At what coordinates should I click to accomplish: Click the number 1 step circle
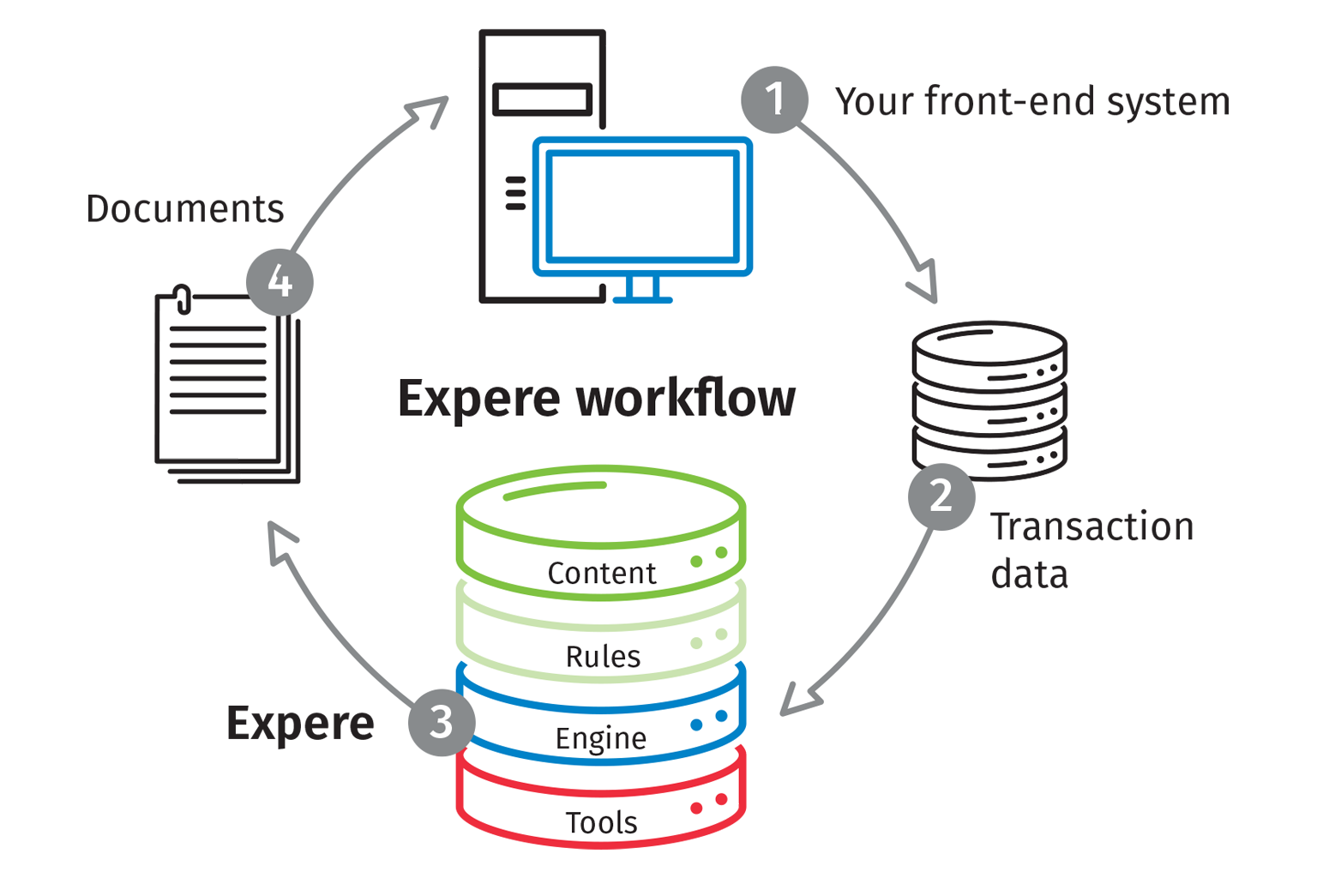774,99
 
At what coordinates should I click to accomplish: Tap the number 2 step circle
941,496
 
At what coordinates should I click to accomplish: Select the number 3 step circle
441,722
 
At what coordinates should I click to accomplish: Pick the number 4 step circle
280,281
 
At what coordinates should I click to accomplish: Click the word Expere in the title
478,400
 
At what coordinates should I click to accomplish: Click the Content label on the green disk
601,573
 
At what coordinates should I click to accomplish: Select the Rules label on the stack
603,656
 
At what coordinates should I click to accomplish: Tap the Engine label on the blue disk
600,738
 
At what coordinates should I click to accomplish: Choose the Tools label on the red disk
601,822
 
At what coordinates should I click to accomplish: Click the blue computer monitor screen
642,206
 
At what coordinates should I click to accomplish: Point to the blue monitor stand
642,289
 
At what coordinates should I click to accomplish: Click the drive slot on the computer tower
543,99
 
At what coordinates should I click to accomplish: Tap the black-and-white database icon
988,400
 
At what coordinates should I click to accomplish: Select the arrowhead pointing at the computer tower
430,110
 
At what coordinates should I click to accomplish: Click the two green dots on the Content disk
709,557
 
